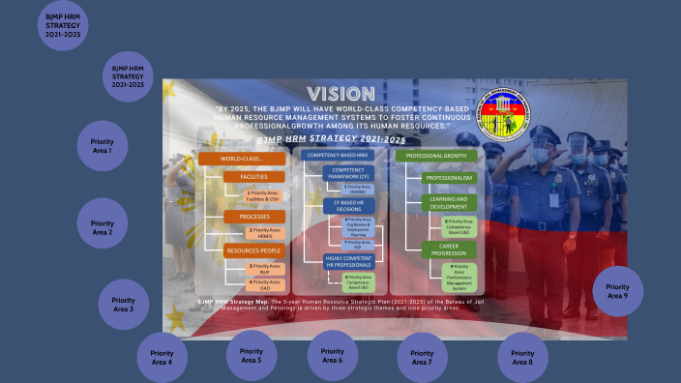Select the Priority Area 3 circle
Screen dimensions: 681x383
pyautogui.click(x=124, y=304)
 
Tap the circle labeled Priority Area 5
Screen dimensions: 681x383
pyautogui.click(x=251, y=356)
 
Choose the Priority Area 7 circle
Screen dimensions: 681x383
pyautogui.click(x=422, y=358)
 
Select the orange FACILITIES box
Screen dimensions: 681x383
pyautogui.click(x=253, y=177)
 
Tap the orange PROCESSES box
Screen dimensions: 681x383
pyautogui.click(x=253, y=216)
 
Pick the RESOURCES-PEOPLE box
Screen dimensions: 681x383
pyautogui.click(x=253, y=250)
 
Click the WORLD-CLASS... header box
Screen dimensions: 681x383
pyautogui.click(x=243, y=157)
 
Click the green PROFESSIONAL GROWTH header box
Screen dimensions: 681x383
pyautogui.click(x=438, y=155)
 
